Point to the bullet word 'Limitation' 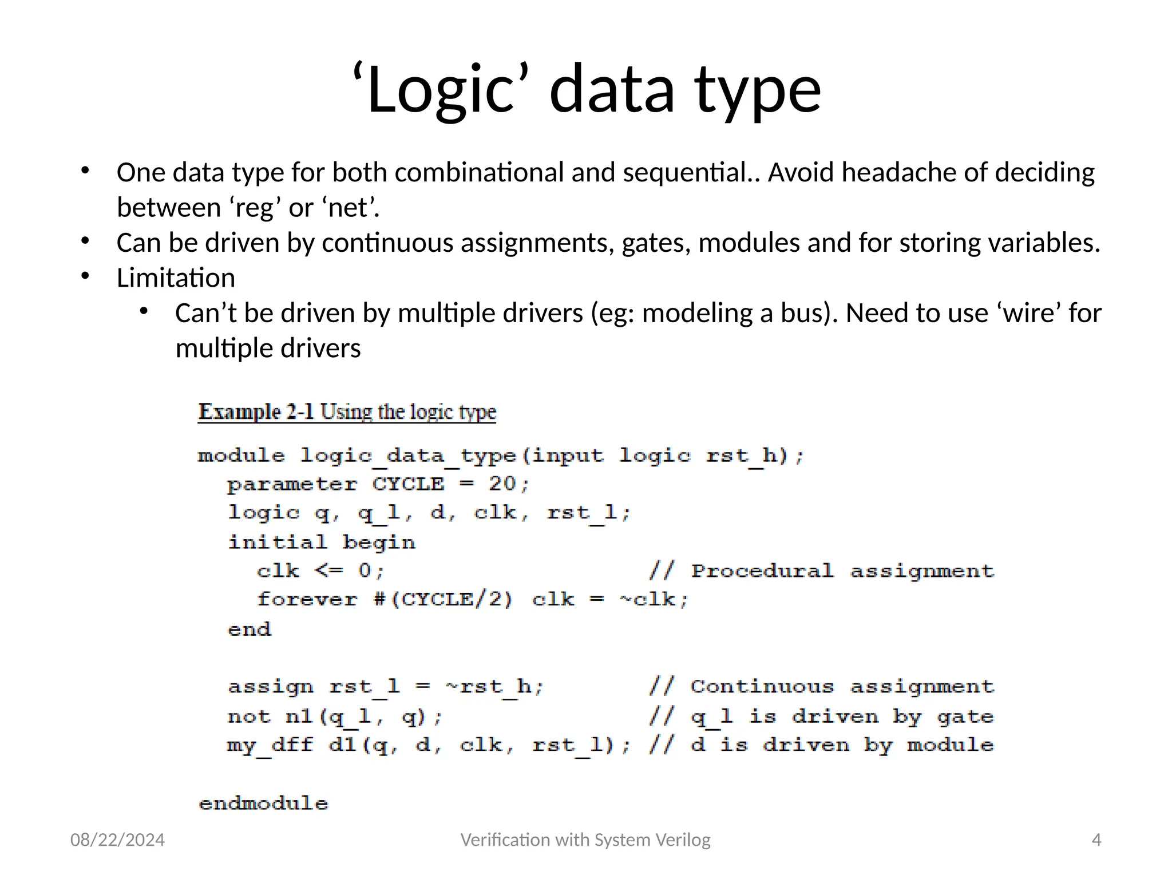pos(176,278)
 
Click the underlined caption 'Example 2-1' pos(256,412)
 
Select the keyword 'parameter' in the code pos(292,484)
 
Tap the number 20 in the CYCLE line pos(502,484)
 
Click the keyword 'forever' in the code pos(307,599)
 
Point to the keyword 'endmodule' pos(263,803)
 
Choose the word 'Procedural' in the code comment pos(762,571)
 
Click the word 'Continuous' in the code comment pos(762,686)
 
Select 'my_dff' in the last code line pos(270,745)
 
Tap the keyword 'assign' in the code pos(270,686)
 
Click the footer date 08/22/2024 pos(117,840)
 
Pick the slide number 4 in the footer pos(1096,840)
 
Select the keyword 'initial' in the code pos(278,542)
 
